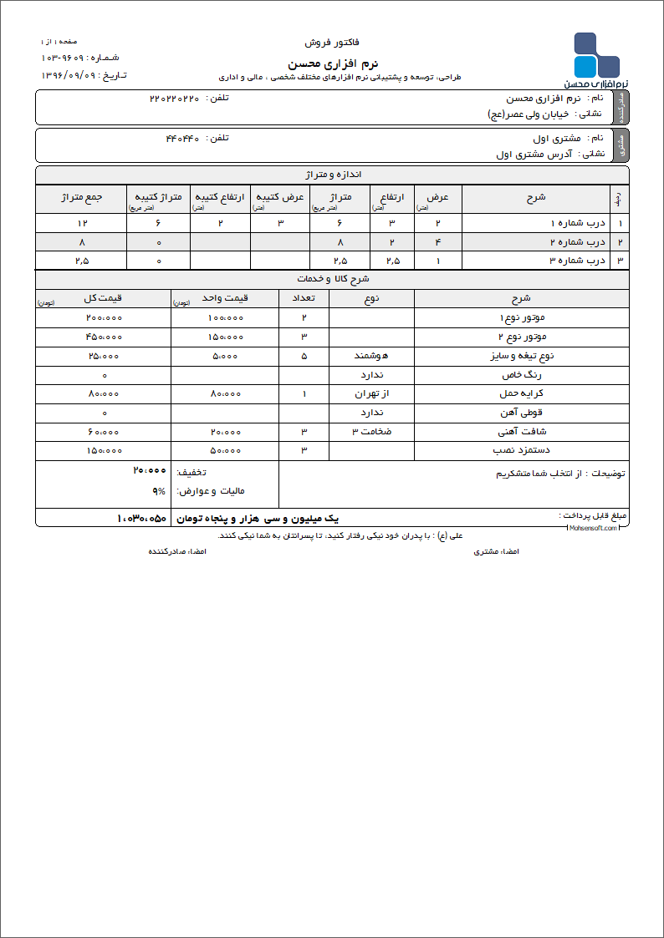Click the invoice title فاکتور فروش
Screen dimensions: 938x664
tap(332, 42)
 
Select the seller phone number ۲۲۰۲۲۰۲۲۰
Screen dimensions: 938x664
tap(175, 99)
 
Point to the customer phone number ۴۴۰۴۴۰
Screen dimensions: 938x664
tap(183, 139)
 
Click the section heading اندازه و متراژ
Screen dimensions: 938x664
tap(332, 175)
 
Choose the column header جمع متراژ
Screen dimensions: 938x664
tap(81, 197)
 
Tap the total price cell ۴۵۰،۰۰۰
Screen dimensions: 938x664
tap(104, 337)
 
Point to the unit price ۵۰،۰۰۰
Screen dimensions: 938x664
tap(225, 451)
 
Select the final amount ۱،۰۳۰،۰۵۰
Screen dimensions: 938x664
tap(142, 519)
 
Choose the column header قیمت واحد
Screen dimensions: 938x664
tap(224, 298)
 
